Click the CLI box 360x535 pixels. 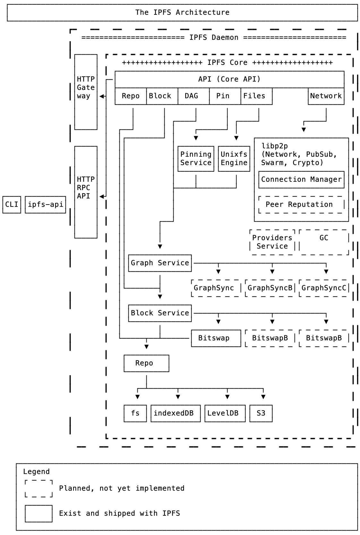click(12, 205)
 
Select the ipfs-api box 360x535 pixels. click(45, 205)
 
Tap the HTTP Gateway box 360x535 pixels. click(86, 92)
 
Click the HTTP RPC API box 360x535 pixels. click(86, 192)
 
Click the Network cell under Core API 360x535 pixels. click(326, 96)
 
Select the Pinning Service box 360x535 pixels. click(196, 159)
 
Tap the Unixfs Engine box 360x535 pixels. click(234, 159)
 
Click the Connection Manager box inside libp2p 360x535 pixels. click(301, 180)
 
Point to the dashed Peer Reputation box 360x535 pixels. click(301, 205)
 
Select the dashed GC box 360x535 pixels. click(324, 242)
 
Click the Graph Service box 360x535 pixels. click(160, 263)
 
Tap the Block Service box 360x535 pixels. click(160, 313)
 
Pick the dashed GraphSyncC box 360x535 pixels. click(324, 288)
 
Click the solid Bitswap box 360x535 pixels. click(216, 338)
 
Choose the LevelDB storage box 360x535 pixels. click(225, 413)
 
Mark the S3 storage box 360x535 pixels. click(261, 413)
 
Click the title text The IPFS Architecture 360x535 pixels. click(182, 13)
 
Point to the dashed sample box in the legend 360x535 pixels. click(39, 488)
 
